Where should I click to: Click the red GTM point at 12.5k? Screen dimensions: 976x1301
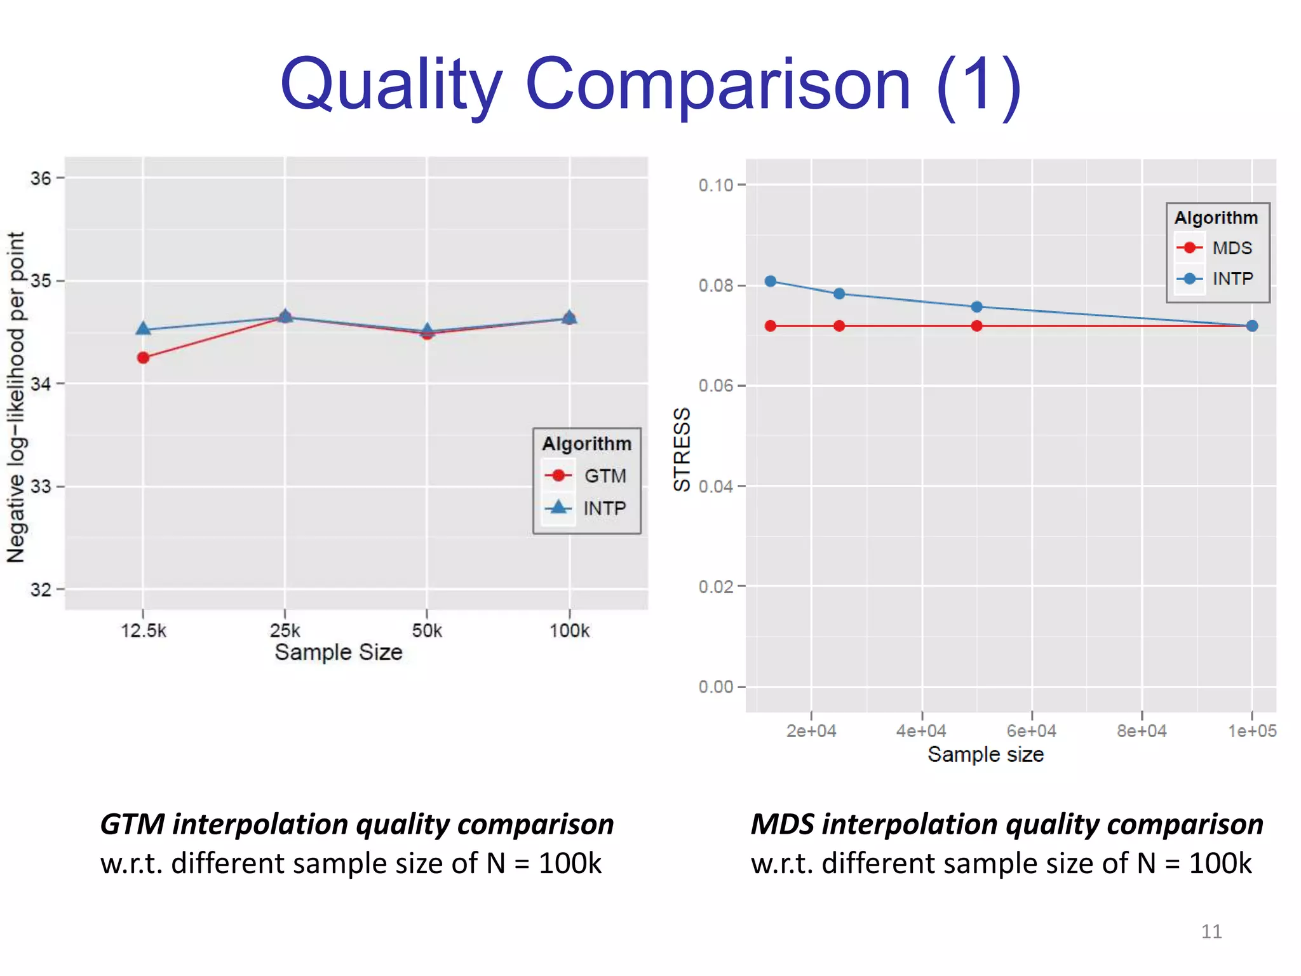click(143, 358)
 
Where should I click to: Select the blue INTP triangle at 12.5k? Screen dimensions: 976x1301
click(143, 329)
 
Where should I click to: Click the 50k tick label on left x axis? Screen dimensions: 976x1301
click(427, 631)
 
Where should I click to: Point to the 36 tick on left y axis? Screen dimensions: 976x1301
click(41, 179)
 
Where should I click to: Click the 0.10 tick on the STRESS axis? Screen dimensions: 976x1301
click(715, 186)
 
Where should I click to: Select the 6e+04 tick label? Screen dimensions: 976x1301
click(1031, 731)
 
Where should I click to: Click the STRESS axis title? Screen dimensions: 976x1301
click(682, 449)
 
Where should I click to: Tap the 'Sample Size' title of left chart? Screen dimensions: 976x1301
click(338, 653)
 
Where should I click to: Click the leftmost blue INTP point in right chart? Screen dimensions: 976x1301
click(771, 281)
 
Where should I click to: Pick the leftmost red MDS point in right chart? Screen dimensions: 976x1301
click(771, 326)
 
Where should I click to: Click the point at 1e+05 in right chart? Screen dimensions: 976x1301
click(1251, 326)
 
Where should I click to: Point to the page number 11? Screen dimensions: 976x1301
click(1211, 932)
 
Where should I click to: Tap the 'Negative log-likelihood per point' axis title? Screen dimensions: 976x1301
click(16, 397)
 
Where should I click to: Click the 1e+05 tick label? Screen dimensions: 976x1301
click(1251, 731)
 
